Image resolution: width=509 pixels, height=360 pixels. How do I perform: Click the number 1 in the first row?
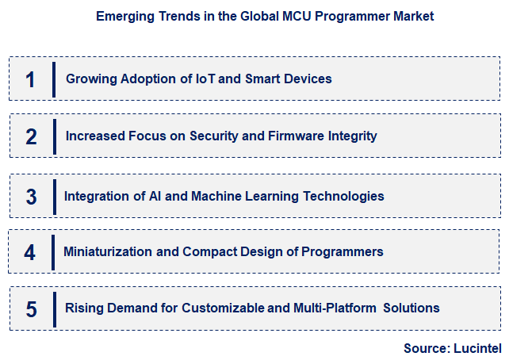pyautogui.click(x=31, y=79)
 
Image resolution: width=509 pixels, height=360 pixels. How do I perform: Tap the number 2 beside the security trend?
pyautogui.click(x=31, y=136)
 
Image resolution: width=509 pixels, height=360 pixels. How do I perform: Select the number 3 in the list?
pyautogui.click(x=31, y=197)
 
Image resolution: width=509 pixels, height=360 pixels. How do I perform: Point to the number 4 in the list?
pyautogui.click(x=30, y=252)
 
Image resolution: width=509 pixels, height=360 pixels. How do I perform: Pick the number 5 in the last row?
pyautogui.click(x=31, y=308)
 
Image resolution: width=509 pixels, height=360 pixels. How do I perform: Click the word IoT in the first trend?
pyautogui.click(x=206, y=79)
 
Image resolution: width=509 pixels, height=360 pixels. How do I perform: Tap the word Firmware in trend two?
pyautogui.click(x=294, y=136)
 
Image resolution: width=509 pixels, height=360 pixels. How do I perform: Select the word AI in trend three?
pyautogui.click(x=158, y=196)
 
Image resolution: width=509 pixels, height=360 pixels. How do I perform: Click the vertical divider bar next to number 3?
pyautogui.click(x=54, y=196)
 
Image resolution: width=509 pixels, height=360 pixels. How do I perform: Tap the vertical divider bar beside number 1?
pyautogui.click(x=54, y=79)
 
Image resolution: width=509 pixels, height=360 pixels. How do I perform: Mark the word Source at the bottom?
pyautogui.click(x=424, y=348)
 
